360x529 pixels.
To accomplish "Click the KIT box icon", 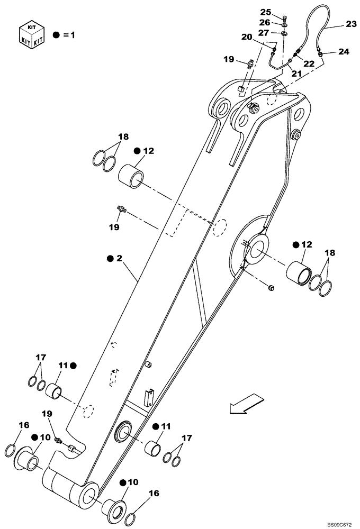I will (x=30, y=34).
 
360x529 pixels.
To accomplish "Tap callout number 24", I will (x=344, y=52).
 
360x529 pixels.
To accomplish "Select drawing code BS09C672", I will (x=339, y=524).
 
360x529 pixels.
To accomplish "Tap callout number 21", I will (x=296, y=74).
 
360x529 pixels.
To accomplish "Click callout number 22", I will (x=309, y=63).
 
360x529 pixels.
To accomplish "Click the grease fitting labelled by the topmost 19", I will (x=249, y=63).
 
